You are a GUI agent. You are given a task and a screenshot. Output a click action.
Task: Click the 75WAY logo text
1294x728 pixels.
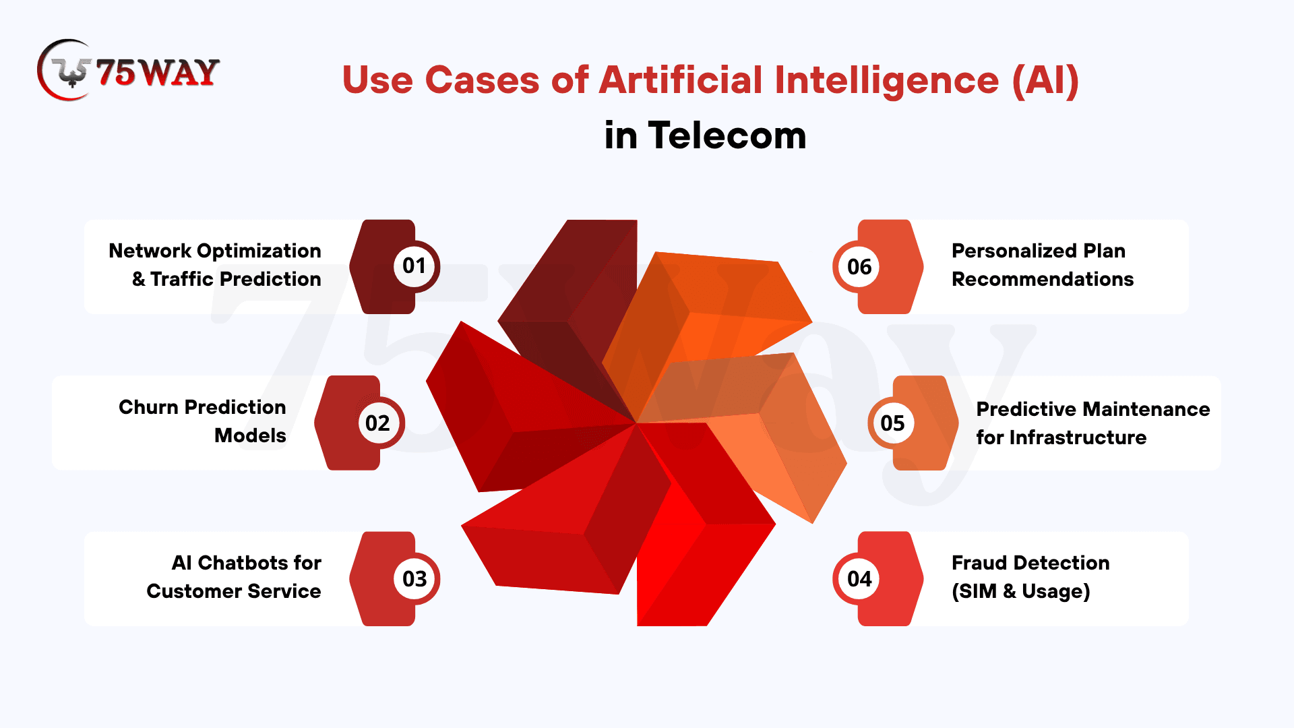coord(158,73)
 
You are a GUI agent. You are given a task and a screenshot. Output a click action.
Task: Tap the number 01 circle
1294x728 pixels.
coord(414,266)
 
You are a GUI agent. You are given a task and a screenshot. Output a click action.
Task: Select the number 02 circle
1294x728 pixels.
coord(379,423)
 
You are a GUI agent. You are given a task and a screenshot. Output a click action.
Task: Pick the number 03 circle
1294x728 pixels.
coord(414,578)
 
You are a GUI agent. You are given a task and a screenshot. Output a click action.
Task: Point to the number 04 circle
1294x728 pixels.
coord(859,578)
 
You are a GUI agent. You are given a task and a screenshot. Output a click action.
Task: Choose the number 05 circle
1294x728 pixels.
coord(893,423)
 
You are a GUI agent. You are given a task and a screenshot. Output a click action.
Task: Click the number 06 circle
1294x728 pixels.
coord(859,266)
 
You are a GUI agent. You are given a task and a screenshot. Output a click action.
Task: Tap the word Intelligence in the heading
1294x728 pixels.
coord(886,81)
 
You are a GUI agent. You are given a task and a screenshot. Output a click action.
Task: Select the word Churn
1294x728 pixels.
coord(149,407)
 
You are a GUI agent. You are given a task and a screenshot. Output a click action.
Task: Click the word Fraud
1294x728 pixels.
coord(979,563)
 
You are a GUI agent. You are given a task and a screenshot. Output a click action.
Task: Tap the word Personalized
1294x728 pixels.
coord(1014,251)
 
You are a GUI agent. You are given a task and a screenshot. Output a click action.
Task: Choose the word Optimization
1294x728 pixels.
coord(259,251)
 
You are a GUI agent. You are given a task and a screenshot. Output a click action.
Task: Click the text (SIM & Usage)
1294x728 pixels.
coord(1020,591)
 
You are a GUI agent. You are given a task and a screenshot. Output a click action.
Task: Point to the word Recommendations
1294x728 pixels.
coord(1043,279)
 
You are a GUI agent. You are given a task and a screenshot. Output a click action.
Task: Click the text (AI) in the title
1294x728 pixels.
coord(1045,81)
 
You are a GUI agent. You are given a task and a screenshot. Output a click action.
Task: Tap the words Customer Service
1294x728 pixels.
coord(234,591)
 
